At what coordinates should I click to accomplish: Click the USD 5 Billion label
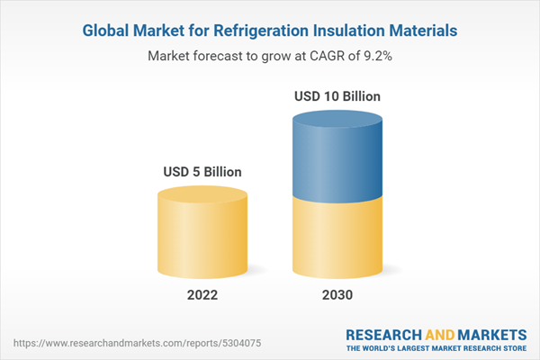pyautogui.click(x=202, y=171)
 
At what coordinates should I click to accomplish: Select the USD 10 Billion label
pyautogui.click(x=337, y=95)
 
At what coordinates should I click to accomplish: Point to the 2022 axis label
pyautogui.click(x=202, y=296)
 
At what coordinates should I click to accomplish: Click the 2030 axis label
pyautogui.click(x=337, y=296)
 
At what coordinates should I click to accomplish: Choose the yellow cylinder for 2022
pyautogui.click(x=202, y=238)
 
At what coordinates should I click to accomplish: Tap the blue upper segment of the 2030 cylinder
pyautogui.click(x=337, y=157)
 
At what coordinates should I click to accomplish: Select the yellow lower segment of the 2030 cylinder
pyautogui.click(x=337, y=238)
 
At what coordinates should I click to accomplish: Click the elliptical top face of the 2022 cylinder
pyautogui.click(x=202, y=196)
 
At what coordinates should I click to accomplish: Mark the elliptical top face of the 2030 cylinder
pyautogui.click(x=337, y=120)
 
